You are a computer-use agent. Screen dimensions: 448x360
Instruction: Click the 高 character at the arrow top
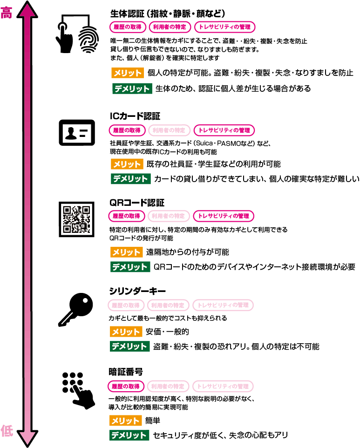coord(7,13)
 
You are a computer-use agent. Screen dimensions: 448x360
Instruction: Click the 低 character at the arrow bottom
coord(7,431)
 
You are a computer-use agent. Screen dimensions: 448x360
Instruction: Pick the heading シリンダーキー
coord(137,291)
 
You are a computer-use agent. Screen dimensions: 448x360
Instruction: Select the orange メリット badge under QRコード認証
coord(126,252)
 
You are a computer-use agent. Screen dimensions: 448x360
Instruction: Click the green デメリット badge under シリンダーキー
coord(129,346)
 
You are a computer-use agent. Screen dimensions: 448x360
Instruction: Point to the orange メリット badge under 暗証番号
coord(126,421)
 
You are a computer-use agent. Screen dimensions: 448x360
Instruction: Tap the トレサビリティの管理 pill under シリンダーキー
coord(223,305)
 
